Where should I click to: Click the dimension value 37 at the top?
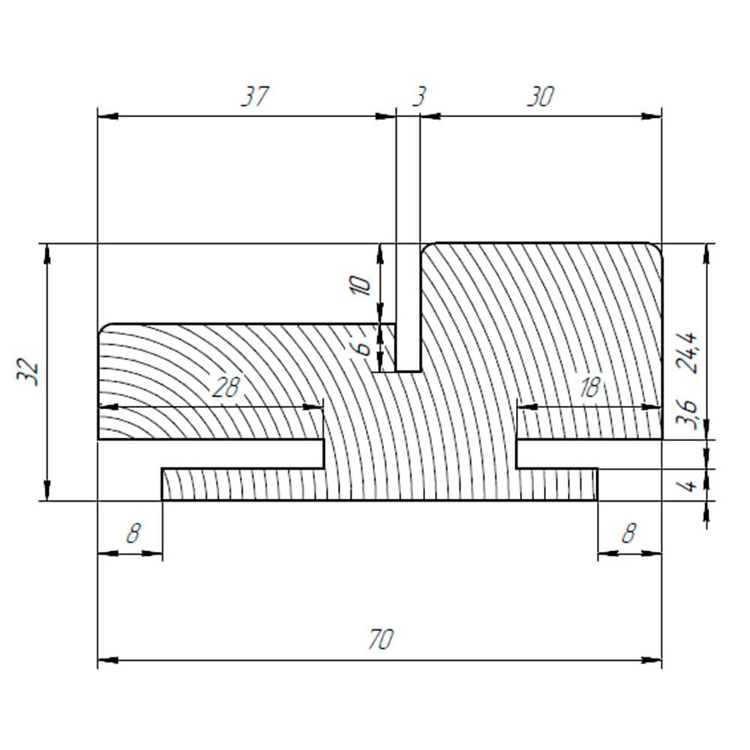[x=255, y=97]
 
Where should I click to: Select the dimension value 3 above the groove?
[x=418, y=97]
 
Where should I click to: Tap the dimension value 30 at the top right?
[x=540, y=97]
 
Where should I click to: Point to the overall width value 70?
[x=381, y=639]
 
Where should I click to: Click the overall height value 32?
[x=28, y=372]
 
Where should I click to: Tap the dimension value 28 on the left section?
[x=225, y=388]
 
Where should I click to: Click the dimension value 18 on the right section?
[x=589, y=388]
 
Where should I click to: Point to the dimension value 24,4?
[x=688, y=352]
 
